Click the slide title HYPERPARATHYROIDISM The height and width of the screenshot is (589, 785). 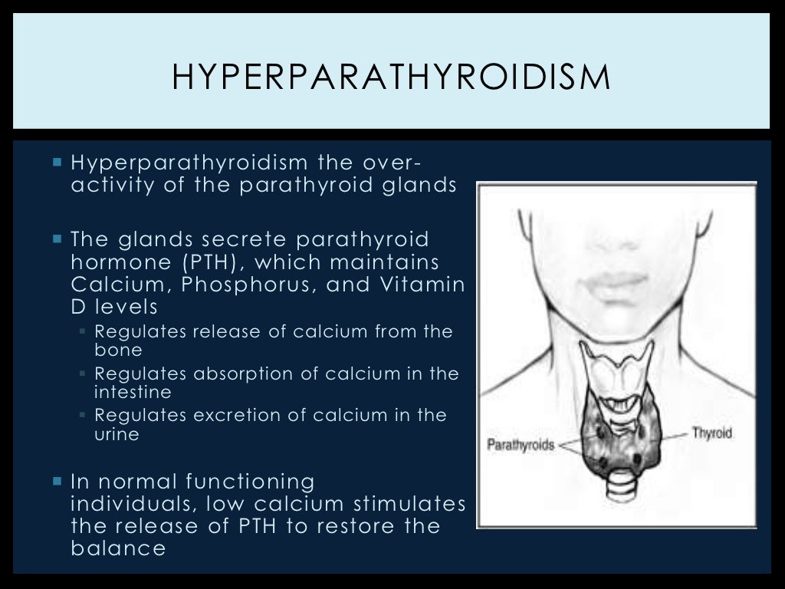pos(391,78)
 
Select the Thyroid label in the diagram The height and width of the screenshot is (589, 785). pos(713,433)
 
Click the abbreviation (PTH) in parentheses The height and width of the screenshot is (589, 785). pos(205,263)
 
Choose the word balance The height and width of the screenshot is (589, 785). pos(117,548)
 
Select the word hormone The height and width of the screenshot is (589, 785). pos(116,263)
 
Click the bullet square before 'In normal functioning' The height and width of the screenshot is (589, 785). pos(57,482)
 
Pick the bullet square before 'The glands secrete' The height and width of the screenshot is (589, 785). pos(57,239)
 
